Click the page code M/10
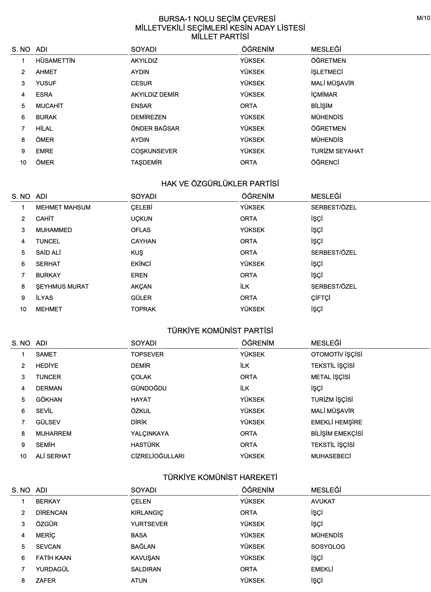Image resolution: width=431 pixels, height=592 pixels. coord(423,18)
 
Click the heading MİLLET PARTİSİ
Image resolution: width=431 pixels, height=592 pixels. coord(220,37)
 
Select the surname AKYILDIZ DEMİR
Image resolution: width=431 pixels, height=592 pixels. coord(155,94)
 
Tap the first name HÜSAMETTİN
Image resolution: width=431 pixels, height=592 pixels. coord(55,61)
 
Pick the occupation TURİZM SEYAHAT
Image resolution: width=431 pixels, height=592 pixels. coord(337,151)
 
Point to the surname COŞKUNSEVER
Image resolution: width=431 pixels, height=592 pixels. coord(154,151)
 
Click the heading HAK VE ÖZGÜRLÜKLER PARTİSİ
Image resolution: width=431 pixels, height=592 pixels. coord(220,184)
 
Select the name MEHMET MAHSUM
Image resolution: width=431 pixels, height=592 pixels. coord(63,207)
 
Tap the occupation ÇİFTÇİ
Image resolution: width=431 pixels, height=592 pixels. coord(320,298)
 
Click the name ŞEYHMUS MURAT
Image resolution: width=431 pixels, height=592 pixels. coord(62,286)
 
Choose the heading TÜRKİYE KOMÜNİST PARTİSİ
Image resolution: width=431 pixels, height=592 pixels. coord(220,330)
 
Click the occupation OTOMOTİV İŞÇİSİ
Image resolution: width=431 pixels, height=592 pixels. coord(337,354)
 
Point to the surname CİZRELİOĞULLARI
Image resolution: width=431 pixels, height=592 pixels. coord(158,456)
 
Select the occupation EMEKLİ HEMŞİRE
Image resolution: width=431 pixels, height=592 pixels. coord(337,422)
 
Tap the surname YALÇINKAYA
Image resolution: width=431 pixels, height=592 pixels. coord(150,433)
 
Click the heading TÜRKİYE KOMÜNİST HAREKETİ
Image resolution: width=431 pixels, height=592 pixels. coord(220,478)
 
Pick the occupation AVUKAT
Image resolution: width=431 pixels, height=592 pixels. coord(323,501)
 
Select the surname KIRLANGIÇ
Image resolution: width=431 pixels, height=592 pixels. coord(147,513)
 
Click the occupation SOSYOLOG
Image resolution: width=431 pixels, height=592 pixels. coord(328,546)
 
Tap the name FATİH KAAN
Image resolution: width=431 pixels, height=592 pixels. coord(53,558)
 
